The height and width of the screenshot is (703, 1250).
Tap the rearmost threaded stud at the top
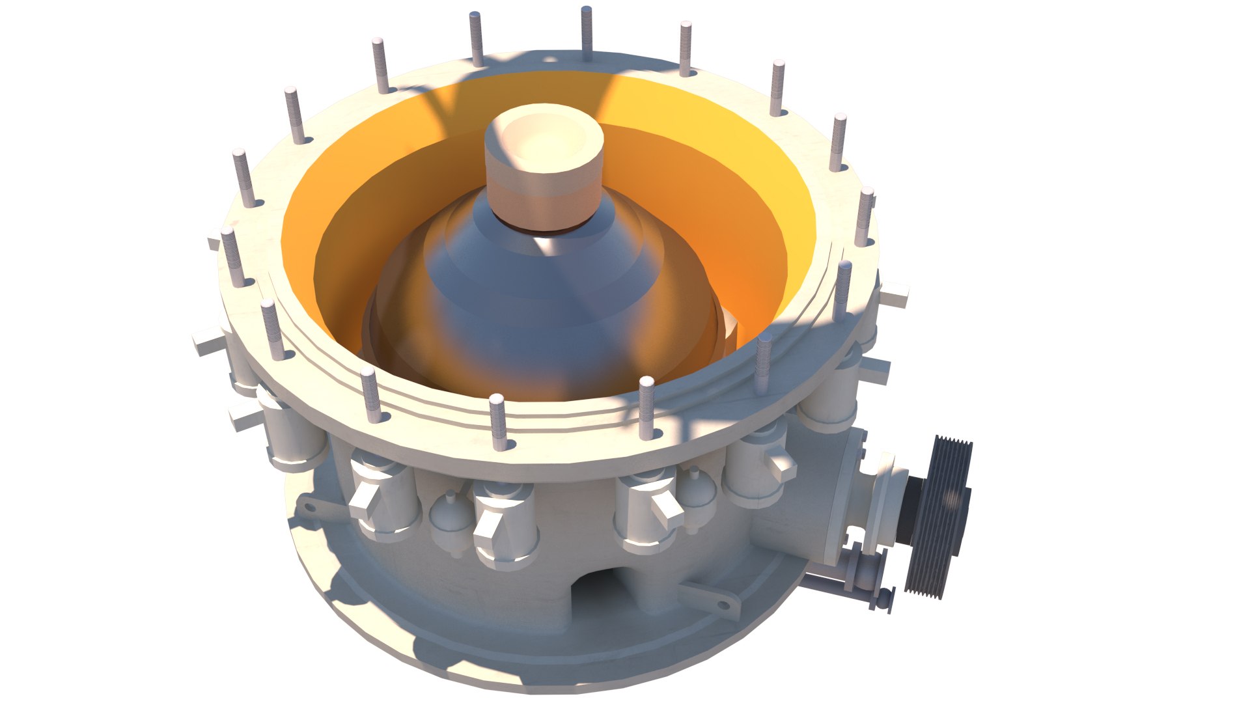click(586, 33)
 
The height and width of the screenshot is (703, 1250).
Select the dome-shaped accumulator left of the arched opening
click(449, 521)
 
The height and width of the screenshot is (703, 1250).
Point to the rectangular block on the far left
click(207, 342)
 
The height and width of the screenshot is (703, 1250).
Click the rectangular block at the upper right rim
click(893, 296)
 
